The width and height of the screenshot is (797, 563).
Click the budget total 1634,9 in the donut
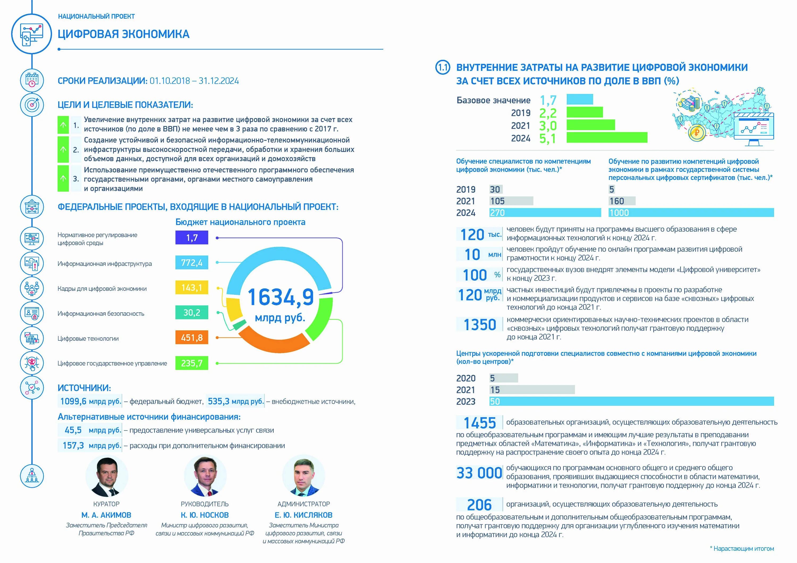(281, 297)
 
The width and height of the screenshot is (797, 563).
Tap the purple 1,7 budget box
(192, 238)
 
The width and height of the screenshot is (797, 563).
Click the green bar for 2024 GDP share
(607, 138)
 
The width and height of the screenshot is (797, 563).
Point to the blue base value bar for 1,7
(580, 99)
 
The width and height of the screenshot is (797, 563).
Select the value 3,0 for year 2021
(548, 125)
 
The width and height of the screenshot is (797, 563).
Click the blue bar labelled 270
(545, 213)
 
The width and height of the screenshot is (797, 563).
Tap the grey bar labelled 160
(622, 201)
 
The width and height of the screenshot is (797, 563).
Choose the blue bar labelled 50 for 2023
(632, 401)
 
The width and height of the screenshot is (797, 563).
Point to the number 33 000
(479, 473)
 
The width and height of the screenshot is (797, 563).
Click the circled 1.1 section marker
(443, 67)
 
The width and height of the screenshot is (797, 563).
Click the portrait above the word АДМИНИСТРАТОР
(304, 476)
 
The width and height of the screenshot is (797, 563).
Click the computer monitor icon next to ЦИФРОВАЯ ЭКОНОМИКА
(32, 34)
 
